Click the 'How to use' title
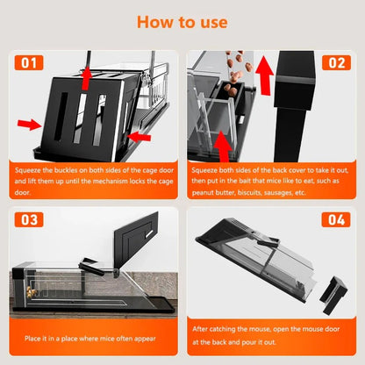pos(182,21)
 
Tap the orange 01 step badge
pos(30,63)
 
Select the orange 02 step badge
pos(335,63)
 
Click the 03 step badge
pos(30,219)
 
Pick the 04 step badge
pos(335,219)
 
